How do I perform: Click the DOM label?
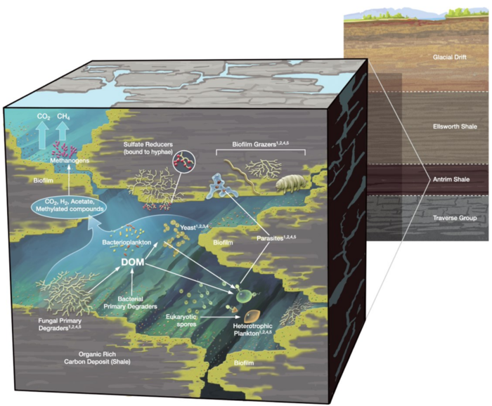(x=133, y=262)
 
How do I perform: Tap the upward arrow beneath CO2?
(x=42, y=135)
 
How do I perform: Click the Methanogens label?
(x=70, y=161)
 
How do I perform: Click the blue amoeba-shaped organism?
(x=222, y=186)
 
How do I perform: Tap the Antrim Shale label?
(x=451, y=179)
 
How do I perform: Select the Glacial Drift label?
(x=450, y=58)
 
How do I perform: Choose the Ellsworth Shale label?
(x=455, y=126)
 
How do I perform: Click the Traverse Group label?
(x=455, y=218)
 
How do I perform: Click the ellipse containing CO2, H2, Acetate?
(x=69, y=205)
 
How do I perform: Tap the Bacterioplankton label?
(x=127, y=242)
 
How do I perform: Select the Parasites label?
(x=276, y=238)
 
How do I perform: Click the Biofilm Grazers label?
(x=261, y=144)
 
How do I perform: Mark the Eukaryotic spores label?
(x=181, y=320)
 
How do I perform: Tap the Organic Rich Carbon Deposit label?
(x=97, y=358)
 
